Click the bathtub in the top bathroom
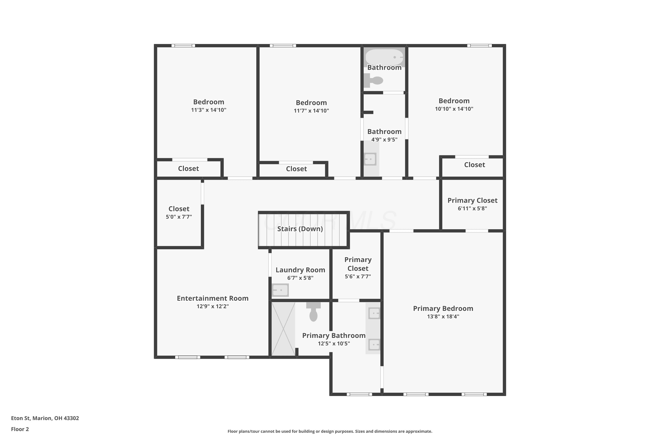tap(384, 57)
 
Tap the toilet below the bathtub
tap(373, 81)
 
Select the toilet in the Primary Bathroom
tap(313, 312)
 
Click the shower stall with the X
tap(283, 329)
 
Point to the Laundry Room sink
tap(280, 290)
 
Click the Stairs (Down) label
tap(300, 229)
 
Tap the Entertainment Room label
tap(213, 298)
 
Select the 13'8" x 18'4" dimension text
tap(443, 317)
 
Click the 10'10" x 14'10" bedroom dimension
tap(454, 109)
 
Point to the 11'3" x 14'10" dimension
tap(209, 110)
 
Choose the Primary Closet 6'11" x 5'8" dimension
tap(473, 209)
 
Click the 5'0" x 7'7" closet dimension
tap(179, 217)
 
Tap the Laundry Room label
tap(300, 270)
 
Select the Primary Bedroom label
tap(443, 309)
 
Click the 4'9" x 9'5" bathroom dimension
tap(384, 140)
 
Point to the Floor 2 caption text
tap(20, 429)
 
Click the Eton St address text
tap(45, 418)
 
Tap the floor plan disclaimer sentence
tap(330, 431)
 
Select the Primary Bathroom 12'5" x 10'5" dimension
tap(334, 344)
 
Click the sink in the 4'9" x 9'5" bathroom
tap(370, 159)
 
